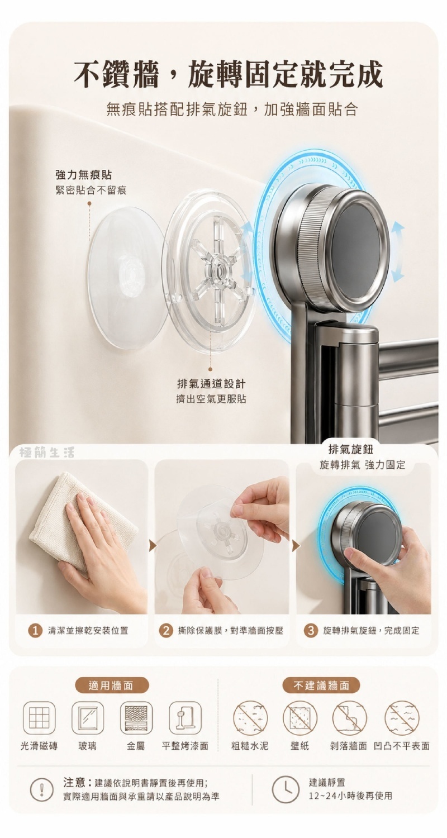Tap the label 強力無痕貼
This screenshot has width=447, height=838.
83,175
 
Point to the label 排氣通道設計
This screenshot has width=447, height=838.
211,384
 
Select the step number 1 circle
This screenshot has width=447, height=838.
35,631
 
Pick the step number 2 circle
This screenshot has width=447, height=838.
165,631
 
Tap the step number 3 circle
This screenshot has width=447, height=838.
311,631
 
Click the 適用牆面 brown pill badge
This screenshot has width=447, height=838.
111,685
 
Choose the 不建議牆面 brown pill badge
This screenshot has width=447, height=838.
321,685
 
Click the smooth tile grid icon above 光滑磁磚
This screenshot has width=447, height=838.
39,718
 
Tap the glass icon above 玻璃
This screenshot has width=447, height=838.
88,718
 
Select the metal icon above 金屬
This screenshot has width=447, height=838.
136,718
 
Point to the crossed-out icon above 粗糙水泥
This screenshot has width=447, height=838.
250,718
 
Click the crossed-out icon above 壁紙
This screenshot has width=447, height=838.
300,718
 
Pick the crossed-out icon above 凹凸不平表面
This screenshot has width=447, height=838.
402,718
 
